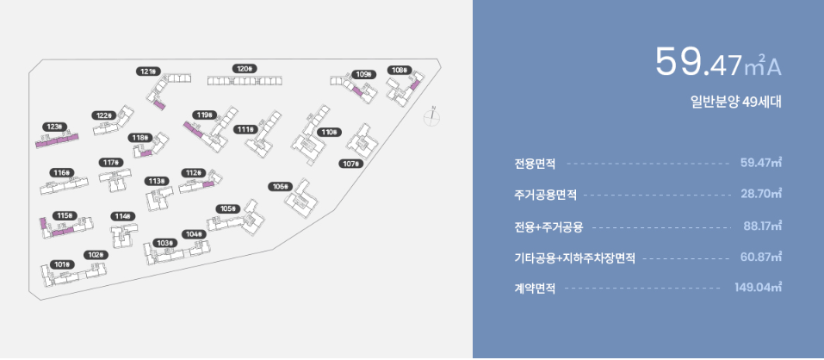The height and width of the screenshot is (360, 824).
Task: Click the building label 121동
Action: (x=148, y=71)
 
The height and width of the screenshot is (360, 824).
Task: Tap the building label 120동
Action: (x=245, y=68)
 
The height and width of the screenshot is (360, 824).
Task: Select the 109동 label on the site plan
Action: (x=363, y=74)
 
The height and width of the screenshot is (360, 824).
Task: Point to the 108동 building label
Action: (x=399, y=70)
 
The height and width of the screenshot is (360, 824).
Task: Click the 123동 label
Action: (x=55, y=127)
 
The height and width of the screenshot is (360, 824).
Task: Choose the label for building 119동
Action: (x=204, y=115)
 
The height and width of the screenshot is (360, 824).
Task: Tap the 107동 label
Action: (x=351, y=164)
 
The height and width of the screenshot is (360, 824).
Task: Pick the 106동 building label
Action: (x=280, y=186)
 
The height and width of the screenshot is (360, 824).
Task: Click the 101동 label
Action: (x=61, y=264)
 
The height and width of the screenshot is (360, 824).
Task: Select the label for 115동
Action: (x=64, y=215)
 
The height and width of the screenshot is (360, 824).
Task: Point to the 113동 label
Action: (x=156, y=181)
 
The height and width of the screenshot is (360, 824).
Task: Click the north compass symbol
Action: (x=433, y=118)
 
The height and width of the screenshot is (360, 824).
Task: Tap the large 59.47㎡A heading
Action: (x=718, y=62)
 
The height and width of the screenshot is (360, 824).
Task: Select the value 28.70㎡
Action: (x=761, y=195)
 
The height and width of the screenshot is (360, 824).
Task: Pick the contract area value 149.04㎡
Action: (x=758, y=288)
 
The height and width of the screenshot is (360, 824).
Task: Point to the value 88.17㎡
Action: (x=762, y=227)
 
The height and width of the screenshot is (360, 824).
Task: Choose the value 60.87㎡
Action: (x=761, y=257)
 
